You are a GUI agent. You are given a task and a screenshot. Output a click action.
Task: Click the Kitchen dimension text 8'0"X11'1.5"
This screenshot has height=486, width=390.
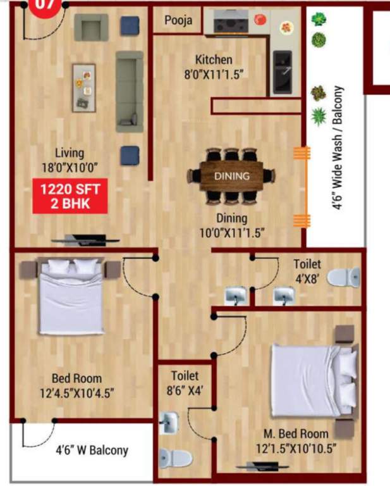pyautogui.click(x=214, y=74)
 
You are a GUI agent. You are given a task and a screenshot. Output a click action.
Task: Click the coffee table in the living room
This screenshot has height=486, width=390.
pyautogui.click(x=83, y=87)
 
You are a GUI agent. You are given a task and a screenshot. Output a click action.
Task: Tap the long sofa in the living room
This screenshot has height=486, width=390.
pyautogui.click(x=128, y=91)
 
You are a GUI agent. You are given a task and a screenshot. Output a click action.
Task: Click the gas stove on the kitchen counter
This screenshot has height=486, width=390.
pyautogui.click(x=227, y=23)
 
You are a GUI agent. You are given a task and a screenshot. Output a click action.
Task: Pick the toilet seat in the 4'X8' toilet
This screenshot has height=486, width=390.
pyautogui.click(x=346, y=277)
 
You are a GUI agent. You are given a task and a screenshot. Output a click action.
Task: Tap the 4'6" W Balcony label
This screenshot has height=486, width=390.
pyautogui.click(x=92, y=451)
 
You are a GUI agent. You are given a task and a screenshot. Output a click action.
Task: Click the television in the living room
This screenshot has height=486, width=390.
pyautogui.click(x=86, y=240)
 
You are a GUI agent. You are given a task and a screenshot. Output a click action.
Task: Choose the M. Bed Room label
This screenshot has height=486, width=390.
pyautogui.click(x=296, y=434)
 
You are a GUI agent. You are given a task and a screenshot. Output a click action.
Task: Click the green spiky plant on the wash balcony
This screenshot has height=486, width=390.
pyautogui.click(x=319, y=116)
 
